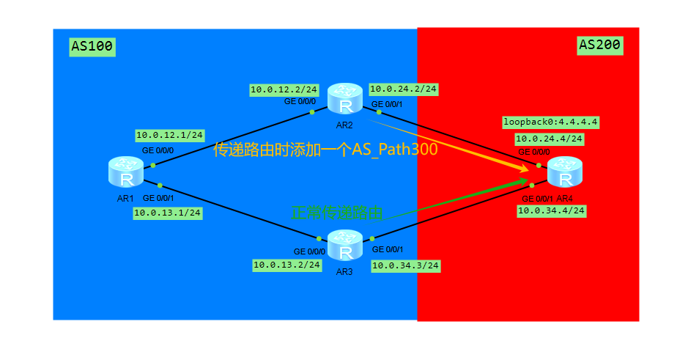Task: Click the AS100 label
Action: (x=92, y=47)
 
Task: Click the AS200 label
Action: (x=600, y=45)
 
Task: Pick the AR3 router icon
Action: (x=345, y=246)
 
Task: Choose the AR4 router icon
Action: (x=564, y=174)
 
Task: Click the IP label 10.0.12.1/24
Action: (x=169, y=135)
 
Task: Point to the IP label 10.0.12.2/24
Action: (x=284, y=89)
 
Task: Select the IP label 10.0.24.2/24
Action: (x=404, y=89)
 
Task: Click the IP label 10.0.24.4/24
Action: (x=550, y=138)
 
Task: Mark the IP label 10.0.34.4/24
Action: (x=551, y=210)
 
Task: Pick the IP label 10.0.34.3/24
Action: (x=406, y=265)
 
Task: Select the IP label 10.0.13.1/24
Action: (x=167, y=213)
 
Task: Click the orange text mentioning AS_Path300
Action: (x=325, y=150)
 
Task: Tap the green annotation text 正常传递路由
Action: (x=337, y=213)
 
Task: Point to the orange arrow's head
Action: (x=525, y=171)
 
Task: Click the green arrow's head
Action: (x=525, y=180)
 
